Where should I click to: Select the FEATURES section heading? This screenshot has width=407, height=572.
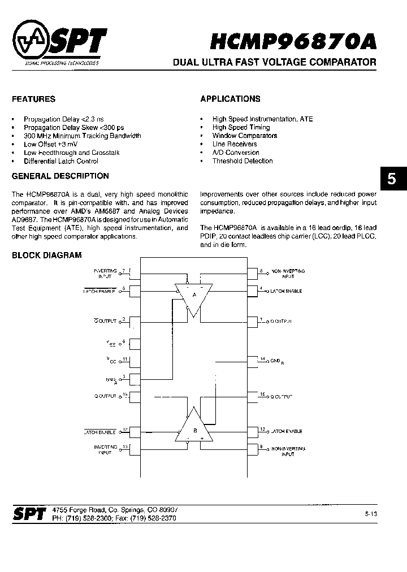click(x=34, y=99)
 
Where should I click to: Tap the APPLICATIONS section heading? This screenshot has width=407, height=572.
click(x=230, y=99)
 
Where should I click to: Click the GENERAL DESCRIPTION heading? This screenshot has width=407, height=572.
click(x=60, y=176)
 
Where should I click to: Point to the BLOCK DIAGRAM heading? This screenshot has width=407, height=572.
click(x=47, y=255)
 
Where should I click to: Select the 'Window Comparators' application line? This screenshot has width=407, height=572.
click(x=245, y=136)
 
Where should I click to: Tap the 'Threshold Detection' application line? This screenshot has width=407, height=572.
click(x=243, y=161)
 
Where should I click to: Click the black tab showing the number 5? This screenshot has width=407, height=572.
click(x=392, y=180)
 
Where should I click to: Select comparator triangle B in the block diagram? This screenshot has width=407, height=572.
click(x=194, y=430)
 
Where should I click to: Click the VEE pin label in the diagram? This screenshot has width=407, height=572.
click(x=110, y=343)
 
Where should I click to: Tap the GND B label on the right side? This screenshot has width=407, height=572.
click(x=278, y=360)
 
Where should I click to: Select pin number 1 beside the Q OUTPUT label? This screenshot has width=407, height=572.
click(x=261, y=319)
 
